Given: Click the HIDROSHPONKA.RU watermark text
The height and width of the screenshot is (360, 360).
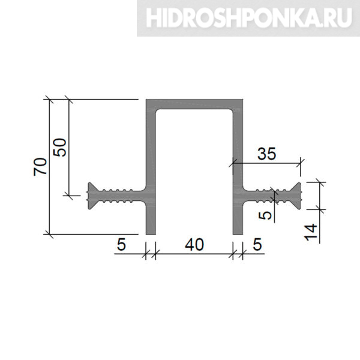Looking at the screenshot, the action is pos(249,18).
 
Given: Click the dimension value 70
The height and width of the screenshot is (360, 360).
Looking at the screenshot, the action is pos(40,167).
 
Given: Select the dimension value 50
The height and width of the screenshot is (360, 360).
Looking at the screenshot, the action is pos(59,148).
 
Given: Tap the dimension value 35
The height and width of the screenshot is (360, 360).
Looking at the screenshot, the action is pos(266,154).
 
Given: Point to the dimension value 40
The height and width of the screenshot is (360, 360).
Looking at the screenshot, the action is pos(194,244).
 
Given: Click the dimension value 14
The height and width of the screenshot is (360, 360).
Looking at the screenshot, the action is pos(310,232).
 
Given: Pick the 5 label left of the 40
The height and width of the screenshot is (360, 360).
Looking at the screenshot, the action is pos(121,244).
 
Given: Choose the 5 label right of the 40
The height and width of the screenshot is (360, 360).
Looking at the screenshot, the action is pos(257,244).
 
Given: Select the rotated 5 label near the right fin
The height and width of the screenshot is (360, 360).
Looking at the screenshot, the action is pos(265,215).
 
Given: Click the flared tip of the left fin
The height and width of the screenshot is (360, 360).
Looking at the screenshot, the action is pos(91,196).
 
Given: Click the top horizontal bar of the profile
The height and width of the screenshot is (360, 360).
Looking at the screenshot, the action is pos(194,104).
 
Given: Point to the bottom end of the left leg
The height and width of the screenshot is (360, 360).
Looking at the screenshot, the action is pos(151,234).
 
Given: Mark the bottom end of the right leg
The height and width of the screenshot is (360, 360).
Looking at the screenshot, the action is pos(238,234).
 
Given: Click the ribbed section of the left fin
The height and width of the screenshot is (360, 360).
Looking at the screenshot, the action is pos(117,196).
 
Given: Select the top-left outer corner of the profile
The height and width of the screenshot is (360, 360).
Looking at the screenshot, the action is pos(146,100).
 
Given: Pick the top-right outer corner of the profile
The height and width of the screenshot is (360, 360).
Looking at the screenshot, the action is pos(242,100).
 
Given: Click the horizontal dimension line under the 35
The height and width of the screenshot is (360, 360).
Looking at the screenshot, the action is pos(266,163).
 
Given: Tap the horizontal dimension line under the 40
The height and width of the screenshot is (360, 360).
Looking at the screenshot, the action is pos(194,254).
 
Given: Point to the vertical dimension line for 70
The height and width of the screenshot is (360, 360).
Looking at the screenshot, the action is pos(49,167).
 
